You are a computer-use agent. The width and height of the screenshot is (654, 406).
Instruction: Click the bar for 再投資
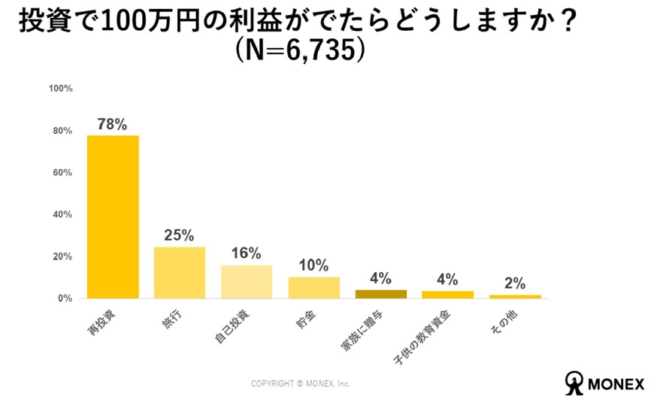point(113,217)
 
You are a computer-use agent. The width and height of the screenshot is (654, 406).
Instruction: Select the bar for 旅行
point(180,272)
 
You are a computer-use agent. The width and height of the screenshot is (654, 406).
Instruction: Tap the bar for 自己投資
point(247,282)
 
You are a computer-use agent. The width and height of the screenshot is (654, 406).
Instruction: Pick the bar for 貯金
point(313,288)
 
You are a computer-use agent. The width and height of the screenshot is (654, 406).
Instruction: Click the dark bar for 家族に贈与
point(380,294)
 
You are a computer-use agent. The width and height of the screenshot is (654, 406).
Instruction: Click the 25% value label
point(180,235)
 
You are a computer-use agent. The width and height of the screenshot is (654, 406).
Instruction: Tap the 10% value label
point(313,265)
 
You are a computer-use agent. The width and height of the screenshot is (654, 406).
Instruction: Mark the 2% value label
point(515,283)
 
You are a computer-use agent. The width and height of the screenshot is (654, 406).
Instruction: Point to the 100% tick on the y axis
point(60,89)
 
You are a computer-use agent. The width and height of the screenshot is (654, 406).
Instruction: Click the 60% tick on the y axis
point(62,173)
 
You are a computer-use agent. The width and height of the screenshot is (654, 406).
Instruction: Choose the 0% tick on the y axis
point(65,298)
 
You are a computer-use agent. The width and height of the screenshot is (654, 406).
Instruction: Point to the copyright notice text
point(301,383)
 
